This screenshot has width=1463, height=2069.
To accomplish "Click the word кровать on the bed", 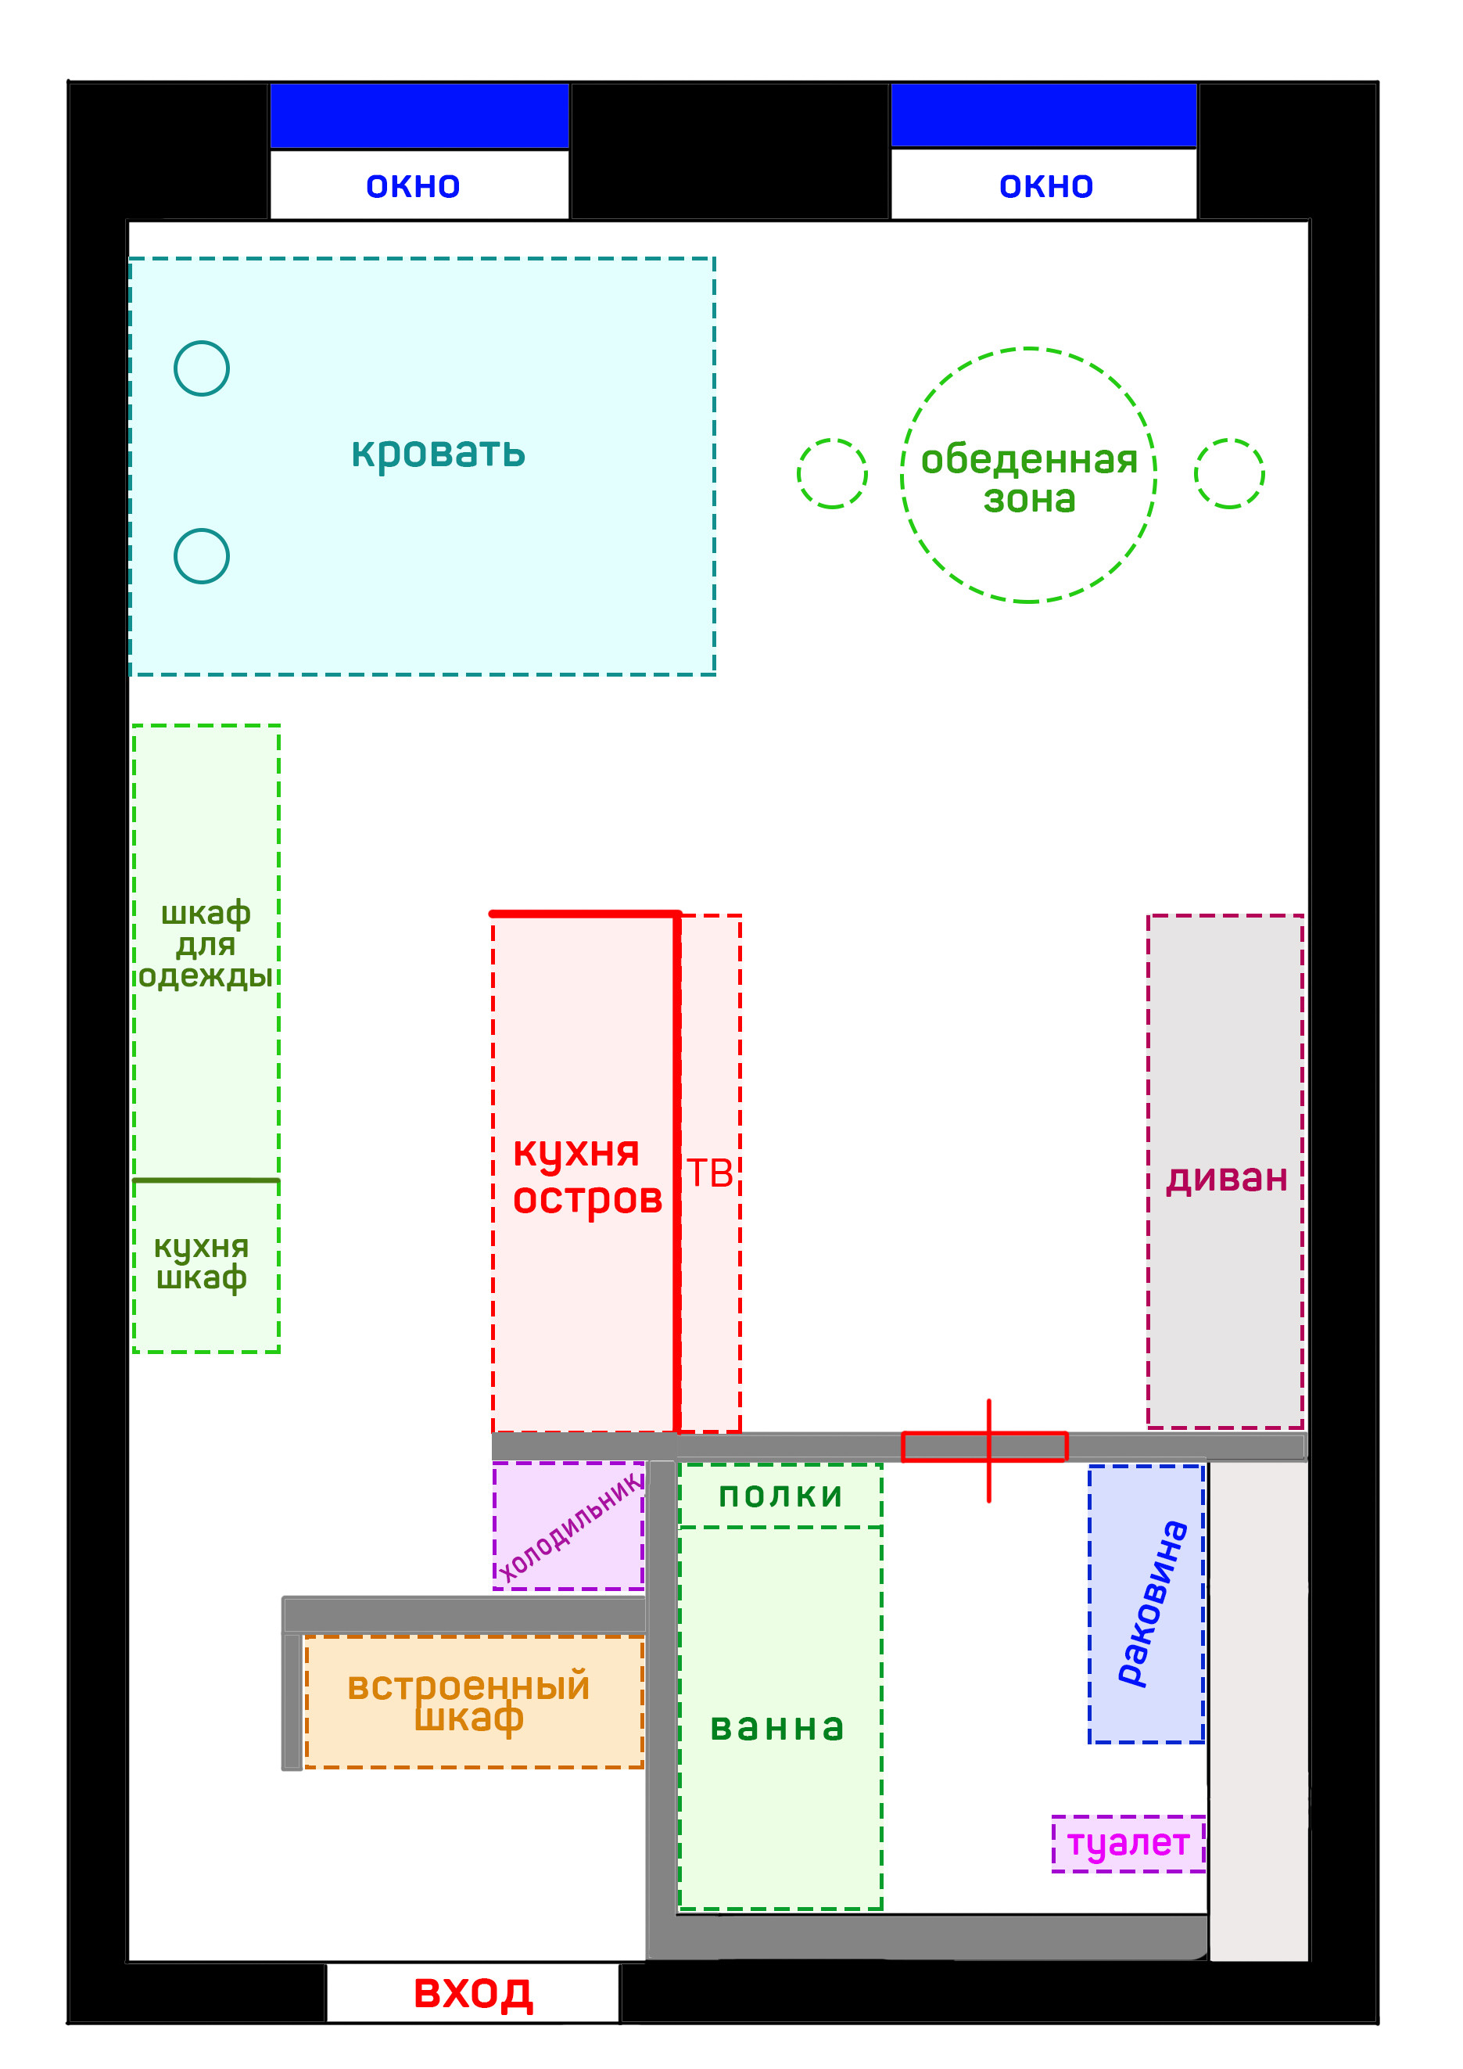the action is coord(438,452).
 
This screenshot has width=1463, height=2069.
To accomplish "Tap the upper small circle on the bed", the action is coord(201,368).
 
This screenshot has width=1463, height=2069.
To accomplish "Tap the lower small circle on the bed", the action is coord(201,556).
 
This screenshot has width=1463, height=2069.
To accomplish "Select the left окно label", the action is coord(413,185).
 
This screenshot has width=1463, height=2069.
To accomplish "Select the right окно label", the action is coord(1046,185).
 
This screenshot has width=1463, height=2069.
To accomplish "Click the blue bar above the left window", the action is coord(419,115).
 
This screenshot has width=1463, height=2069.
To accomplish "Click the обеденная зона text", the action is coord(1029,479).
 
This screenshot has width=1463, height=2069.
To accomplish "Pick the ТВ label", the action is coord(710,1173).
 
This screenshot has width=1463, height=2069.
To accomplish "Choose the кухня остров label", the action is coord(586,1175).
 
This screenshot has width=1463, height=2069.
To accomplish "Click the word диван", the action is coord(1226,1178).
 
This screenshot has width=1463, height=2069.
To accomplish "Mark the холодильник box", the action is coord(568,1525).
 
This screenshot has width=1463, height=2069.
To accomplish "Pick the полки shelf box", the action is coord(780,1495).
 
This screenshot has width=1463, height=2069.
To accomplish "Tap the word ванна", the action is coord(777,1726).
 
